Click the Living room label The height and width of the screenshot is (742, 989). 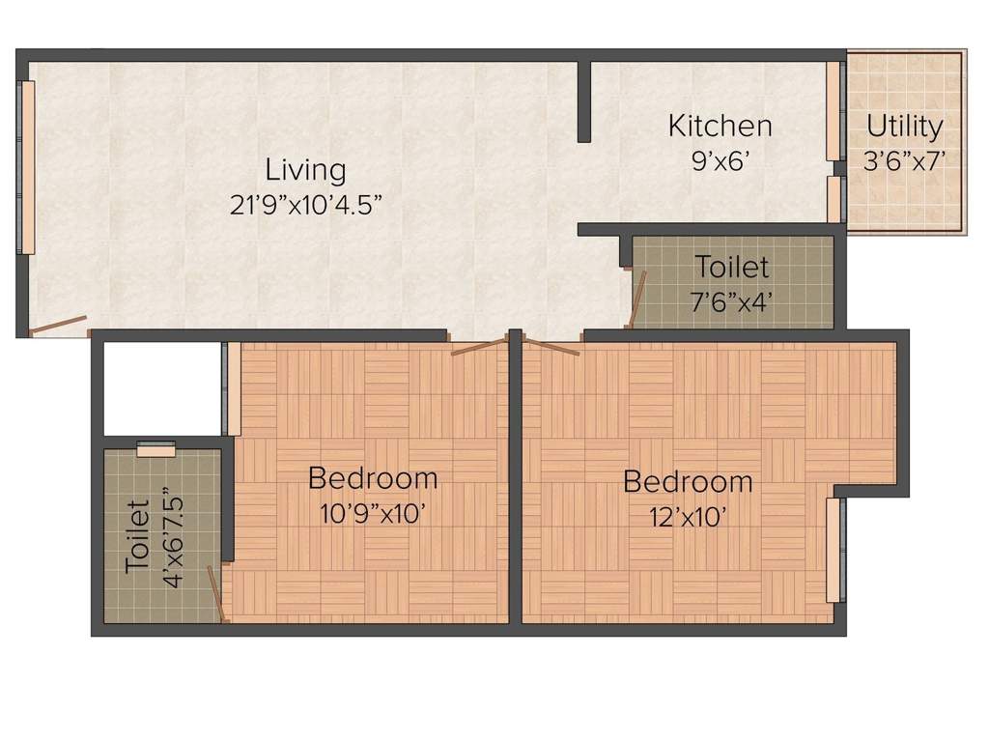click(x=305, y=171)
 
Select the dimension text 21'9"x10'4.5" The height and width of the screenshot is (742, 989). click(x=305, y=205)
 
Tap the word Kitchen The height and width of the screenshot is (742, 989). click(x=721, y=127)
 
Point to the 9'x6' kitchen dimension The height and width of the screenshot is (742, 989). click(x=721, y=160)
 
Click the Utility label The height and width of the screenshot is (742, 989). click(x=904, y=127)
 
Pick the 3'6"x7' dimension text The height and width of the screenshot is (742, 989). click(x=904, y=160)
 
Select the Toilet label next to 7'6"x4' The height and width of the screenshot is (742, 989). click(x=733, y=267)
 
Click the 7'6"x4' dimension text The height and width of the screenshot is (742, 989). click(x=733, y=300)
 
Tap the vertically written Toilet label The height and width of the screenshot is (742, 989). click(x=137, y=537)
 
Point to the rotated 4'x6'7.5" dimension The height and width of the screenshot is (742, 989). click(x=173, y=537)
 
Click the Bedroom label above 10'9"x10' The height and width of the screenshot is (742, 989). click(x=373, y=478)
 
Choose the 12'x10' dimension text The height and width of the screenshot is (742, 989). click(x=687, y=517)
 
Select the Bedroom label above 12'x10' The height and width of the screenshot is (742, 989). click(x=687, y=481)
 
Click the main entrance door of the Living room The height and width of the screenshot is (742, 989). click(x=57, y=325)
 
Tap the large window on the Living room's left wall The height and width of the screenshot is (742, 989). click(x=28, y=167)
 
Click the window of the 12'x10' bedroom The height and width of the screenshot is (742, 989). click(x=834, y=550)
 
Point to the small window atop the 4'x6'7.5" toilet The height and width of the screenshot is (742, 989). click(x=155, y=448)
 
